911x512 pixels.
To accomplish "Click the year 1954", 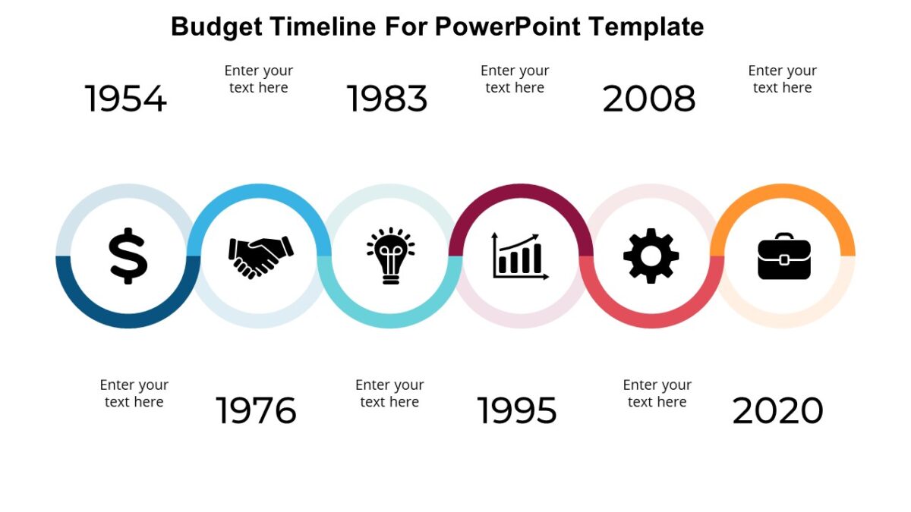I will point(125,99).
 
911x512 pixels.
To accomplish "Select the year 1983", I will point(387,99).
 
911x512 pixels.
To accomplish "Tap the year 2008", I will point(649,99).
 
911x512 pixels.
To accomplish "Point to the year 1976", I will point(256,410).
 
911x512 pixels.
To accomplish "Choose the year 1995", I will point(517,410).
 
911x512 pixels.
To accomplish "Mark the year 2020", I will point(777,410).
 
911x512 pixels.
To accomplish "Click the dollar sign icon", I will point(128,256).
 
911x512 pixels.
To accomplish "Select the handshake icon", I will point(260,256).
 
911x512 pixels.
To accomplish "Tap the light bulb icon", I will point(390,256).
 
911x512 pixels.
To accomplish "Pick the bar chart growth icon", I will point(520,256).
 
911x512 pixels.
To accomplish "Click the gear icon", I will point(651,256).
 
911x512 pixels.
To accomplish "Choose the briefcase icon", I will point(784,256).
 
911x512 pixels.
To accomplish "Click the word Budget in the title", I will point(218,27).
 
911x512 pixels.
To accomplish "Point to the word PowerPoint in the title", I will point(508,27).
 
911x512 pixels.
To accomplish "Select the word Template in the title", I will point(646,27).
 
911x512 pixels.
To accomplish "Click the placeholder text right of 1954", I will point(259,79).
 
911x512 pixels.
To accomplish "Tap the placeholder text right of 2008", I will point(782,79).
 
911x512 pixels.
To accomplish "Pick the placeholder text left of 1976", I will point(134,393).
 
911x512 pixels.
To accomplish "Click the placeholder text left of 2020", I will point(657,393).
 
